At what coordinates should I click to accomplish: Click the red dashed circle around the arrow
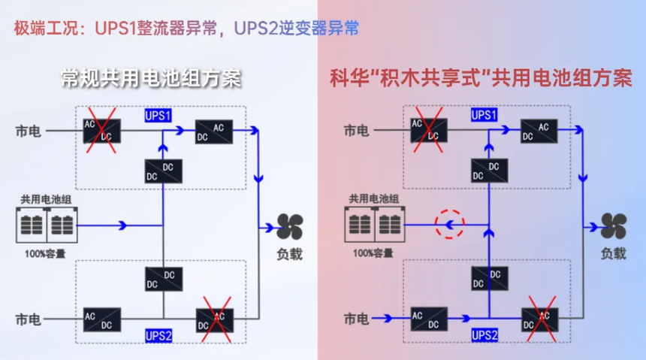(x=451, y=223)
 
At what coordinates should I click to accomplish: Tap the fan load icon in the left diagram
(x=288, y=226)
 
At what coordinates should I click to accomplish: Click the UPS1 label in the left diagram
(x=158, y=116)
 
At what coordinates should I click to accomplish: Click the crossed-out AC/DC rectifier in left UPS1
(x=98, y=131)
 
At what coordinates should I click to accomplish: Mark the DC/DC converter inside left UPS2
(x=162, y=280)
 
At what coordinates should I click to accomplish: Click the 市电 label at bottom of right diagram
(x=355, y=320)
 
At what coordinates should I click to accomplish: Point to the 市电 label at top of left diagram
(x=29, y=132)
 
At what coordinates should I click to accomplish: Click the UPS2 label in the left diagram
(x=158, y=334)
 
